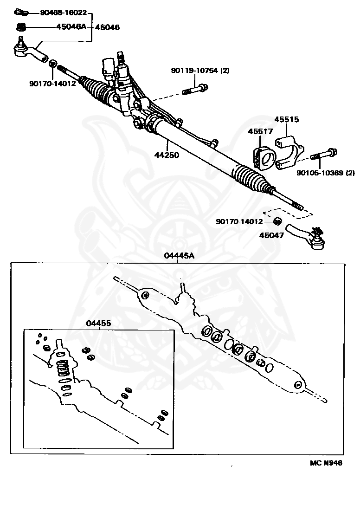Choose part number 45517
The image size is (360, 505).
[x=260, y=132]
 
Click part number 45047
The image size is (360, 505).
[x=271, y=235]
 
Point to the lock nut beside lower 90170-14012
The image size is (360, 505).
[x=278, y=221]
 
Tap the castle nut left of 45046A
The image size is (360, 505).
[x=20, y=26]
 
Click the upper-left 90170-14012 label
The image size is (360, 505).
[x=52, y=84]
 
